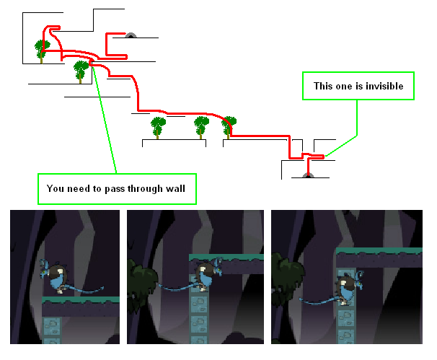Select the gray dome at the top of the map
(x=131, y=35)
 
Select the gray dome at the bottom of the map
(x=307, y=175)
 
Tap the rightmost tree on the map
(x=229, y=126)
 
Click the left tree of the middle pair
(x=159, y=127)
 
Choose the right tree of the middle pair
(x=202, y=127)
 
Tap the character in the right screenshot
(x=347, y=284)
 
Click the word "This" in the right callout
(x=325, y=86)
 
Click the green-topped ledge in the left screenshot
(x=79, y=304)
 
